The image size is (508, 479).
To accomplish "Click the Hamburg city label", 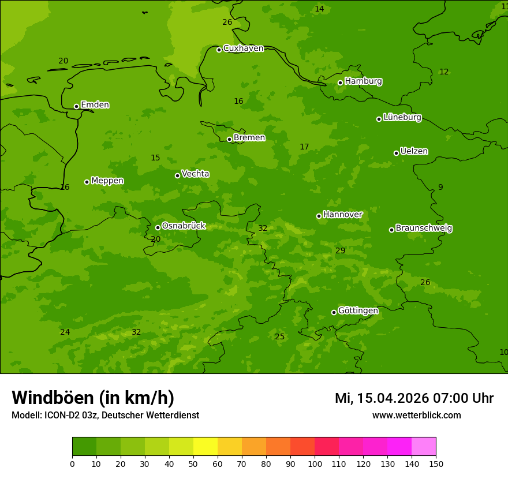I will (363, 81).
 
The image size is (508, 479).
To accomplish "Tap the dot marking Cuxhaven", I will (219, 50).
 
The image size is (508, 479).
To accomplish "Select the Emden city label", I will (95, 105).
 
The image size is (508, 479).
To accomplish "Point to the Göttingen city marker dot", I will (334, 312).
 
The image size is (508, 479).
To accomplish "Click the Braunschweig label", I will (424, 229).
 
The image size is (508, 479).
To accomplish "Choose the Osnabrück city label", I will (183, 226).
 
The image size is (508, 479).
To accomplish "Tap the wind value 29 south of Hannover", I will (340, 250).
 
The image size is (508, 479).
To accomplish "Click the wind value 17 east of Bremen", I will (304, 147).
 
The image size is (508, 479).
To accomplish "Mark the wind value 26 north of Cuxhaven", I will (227, 23).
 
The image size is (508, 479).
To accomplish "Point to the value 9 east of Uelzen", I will (440, 188).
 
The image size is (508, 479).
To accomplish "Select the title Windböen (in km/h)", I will (93, 398).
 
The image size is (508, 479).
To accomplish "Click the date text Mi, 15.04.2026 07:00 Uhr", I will (414, 398).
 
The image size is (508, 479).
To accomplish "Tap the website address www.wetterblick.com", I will (416, 416).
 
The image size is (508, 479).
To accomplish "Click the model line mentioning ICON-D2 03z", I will (105, 416).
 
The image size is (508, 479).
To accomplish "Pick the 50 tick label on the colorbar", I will (193, 463).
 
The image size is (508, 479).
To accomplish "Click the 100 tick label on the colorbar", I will (315, 463).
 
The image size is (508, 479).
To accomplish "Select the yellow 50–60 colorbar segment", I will (206, 447).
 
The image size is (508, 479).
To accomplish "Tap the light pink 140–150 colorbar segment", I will (424, 447).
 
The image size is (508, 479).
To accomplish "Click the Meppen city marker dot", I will (87, 182).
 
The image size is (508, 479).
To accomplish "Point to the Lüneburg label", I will (402, 118).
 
